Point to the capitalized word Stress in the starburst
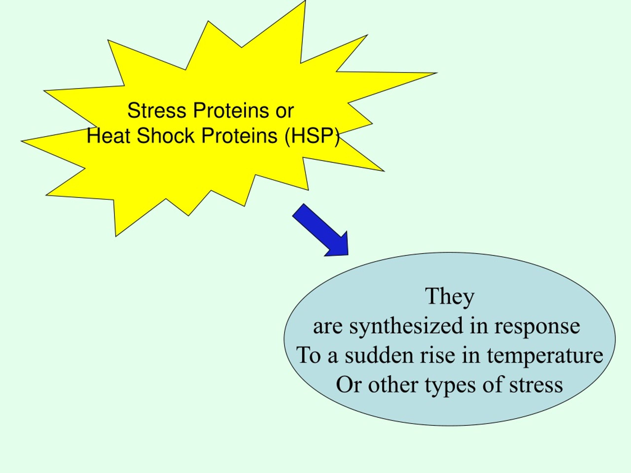[157, 111]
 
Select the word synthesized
[406, 326]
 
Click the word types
[450, 386]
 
